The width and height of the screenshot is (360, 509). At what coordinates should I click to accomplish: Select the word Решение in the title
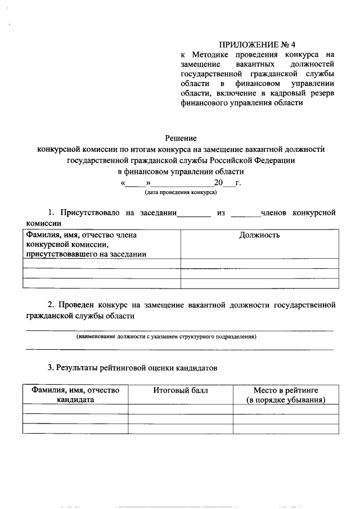click(181, 138)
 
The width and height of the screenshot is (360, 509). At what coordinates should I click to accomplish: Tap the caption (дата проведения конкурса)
click(181, 192)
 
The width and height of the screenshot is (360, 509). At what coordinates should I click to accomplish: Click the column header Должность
click(259, 235)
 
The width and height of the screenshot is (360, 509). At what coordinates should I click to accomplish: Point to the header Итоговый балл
click(180, 390)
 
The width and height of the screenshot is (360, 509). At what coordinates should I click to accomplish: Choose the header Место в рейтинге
click(286, 390)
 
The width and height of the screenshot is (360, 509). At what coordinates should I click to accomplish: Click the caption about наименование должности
click(166, 337)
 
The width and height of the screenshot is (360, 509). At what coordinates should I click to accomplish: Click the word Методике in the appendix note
click(214, 55)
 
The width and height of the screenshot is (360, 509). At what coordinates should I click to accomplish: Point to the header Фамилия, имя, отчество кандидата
click(75, 395)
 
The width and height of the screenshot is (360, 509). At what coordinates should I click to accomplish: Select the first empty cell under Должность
click(259, 264)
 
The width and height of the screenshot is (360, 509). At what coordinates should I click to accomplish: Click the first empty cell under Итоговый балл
click(180, 409)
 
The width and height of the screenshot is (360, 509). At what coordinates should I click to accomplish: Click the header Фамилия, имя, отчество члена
click(82, 236)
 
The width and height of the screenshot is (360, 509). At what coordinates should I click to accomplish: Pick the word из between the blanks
click(220, 213)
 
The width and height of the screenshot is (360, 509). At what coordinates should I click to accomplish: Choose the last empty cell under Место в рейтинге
click(286, 429)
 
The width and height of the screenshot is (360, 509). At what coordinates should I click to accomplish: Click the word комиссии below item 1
click(44, 223)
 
